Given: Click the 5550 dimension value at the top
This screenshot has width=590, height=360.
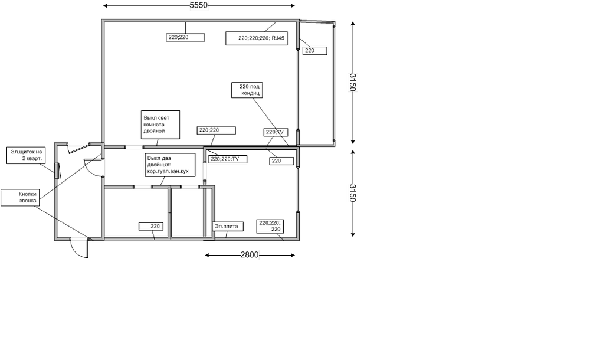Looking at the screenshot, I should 198,6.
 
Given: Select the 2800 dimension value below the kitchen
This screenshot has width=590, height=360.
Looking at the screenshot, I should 249,255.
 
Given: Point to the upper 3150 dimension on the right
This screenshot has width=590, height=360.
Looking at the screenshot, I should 353,83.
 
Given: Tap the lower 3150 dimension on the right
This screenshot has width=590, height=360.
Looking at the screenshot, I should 353,193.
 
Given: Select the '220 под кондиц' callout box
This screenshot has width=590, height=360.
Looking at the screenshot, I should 246,90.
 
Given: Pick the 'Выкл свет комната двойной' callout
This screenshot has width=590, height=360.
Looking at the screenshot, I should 159,125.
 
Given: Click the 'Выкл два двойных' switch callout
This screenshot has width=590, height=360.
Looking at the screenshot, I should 170,164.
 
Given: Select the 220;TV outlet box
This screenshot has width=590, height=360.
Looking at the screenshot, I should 276,132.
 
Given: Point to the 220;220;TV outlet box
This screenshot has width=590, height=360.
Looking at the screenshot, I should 227,159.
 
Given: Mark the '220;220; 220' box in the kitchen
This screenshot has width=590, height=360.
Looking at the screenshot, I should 270,225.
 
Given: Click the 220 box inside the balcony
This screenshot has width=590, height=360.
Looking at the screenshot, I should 314,51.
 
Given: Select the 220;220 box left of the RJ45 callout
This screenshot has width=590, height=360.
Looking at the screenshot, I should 185,37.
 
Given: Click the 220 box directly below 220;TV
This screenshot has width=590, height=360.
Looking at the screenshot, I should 281,160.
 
